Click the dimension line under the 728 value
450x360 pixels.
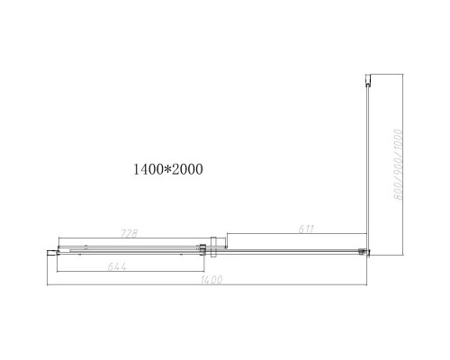[x=135, y=240]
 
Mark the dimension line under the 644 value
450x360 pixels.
[x=135, y=271]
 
